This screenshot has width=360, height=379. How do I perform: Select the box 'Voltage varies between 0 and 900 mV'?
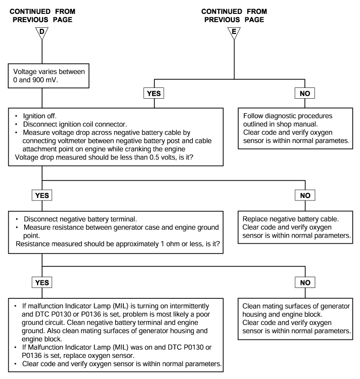(x=48, y=76)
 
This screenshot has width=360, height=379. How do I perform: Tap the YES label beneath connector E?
(x=154, y=93)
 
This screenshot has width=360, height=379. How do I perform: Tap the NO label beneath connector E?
(x=305, y=93)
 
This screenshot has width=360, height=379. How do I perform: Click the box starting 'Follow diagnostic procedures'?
(x=295, y=129)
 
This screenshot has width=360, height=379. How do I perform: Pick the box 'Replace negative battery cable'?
(x=295, y=227)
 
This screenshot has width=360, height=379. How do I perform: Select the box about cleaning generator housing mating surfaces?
(x=295, y=319)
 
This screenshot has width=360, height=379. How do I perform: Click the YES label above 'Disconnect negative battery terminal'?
(x=42, y=195)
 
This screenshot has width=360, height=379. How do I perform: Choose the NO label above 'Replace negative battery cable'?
(x=305, y=195)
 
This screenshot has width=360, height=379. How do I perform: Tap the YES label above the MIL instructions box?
(x=42, y=282)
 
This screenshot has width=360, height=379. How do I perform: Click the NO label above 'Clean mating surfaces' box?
(x=305, y=282)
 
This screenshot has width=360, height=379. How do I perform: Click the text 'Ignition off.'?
(x=40, y=116)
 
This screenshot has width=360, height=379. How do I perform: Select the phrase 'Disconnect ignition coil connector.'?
(x=75, y=124)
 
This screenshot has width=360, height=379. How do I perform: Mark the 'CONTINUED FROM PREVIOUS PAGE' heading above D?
(x=42, y=15)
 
